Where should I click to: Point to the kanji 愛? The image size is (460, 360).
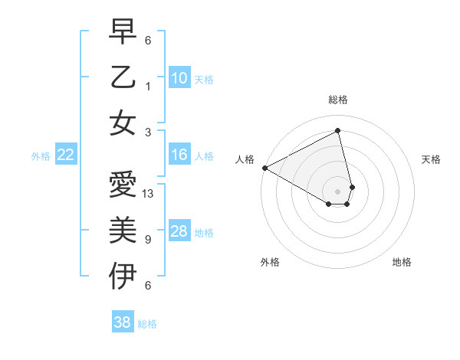tap(123, 185)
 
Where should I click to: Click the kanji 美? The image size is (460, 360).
tap(123, 231)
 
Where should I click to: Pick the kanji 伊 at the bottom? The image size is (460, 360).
tap(123, 277)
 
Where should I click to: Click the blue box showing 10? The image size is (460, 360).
tap(179, 78)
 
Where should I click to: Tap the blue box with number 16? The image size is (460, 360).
tap(179, 155)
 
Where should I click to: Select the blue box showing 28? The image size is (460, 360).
tap(179, 231)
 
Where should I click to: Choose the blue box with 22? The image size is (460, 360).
tap(66, 155)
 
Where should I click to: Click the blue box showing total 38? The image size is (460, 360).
tap(123, 322)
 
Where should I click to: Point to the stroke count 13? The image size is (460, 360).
tap(149, 194)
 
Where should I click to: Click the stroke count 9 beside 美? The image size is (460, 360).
tap(148, 239)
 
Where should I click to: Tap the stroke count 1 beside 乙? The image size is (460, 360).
tap(148, 85)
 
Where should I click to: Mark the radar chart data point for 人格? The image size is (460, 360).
tap(264, 167)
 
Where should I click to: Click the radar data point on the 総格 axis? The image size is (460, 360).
tap(338, 131)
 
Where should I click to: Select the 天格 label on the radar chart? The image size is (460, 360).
tap(432, 159)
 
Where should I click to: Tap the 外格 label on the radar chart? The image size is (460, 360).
tap(270, 262)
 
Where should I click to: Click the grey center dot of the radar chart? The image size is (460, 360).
tap(338, 190)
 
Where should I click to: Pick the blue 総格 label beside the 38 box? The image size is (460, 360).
tap(148, 324)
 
